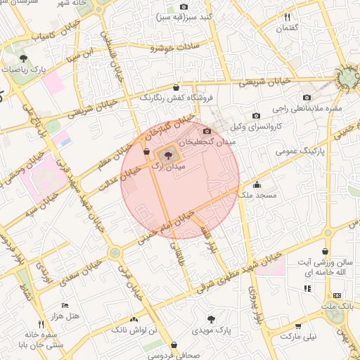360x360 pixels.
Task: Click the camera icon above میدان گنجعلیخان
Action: pyautogui.click(x=206, y=131)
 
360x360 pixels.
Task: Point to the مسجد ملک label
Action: pyautogui.click(x=257, y=198)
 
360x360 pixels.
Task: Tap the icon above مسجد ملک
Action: pyautogui.click(x=257, y=186)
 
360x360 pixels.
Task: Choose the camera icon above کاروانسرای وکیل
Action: pyautogui.click(x=256, y=115)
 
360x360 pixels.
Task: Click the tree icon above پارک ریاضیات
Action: pyautogui.click(x=24, y=58)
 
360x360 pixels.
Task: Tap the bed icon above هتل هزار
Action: pyautogui.click(x=65, y=305)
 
